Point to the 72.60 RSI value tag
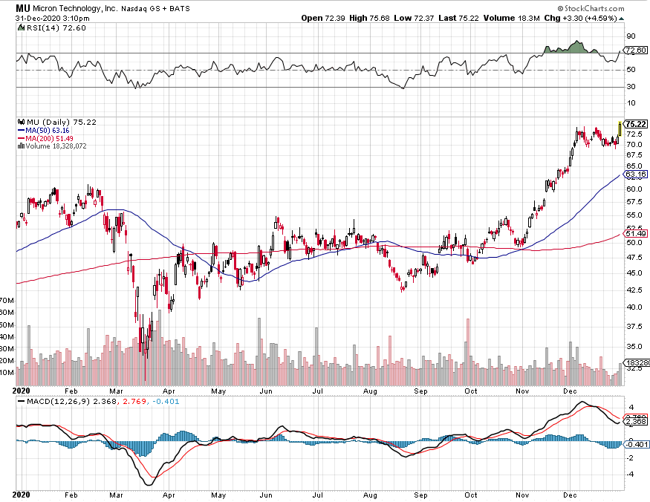point(635,50)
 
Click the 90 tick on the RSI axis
point(630,36)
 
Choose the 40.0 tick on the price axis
point(632,307)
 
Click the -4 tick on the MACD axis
point(631,474)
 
